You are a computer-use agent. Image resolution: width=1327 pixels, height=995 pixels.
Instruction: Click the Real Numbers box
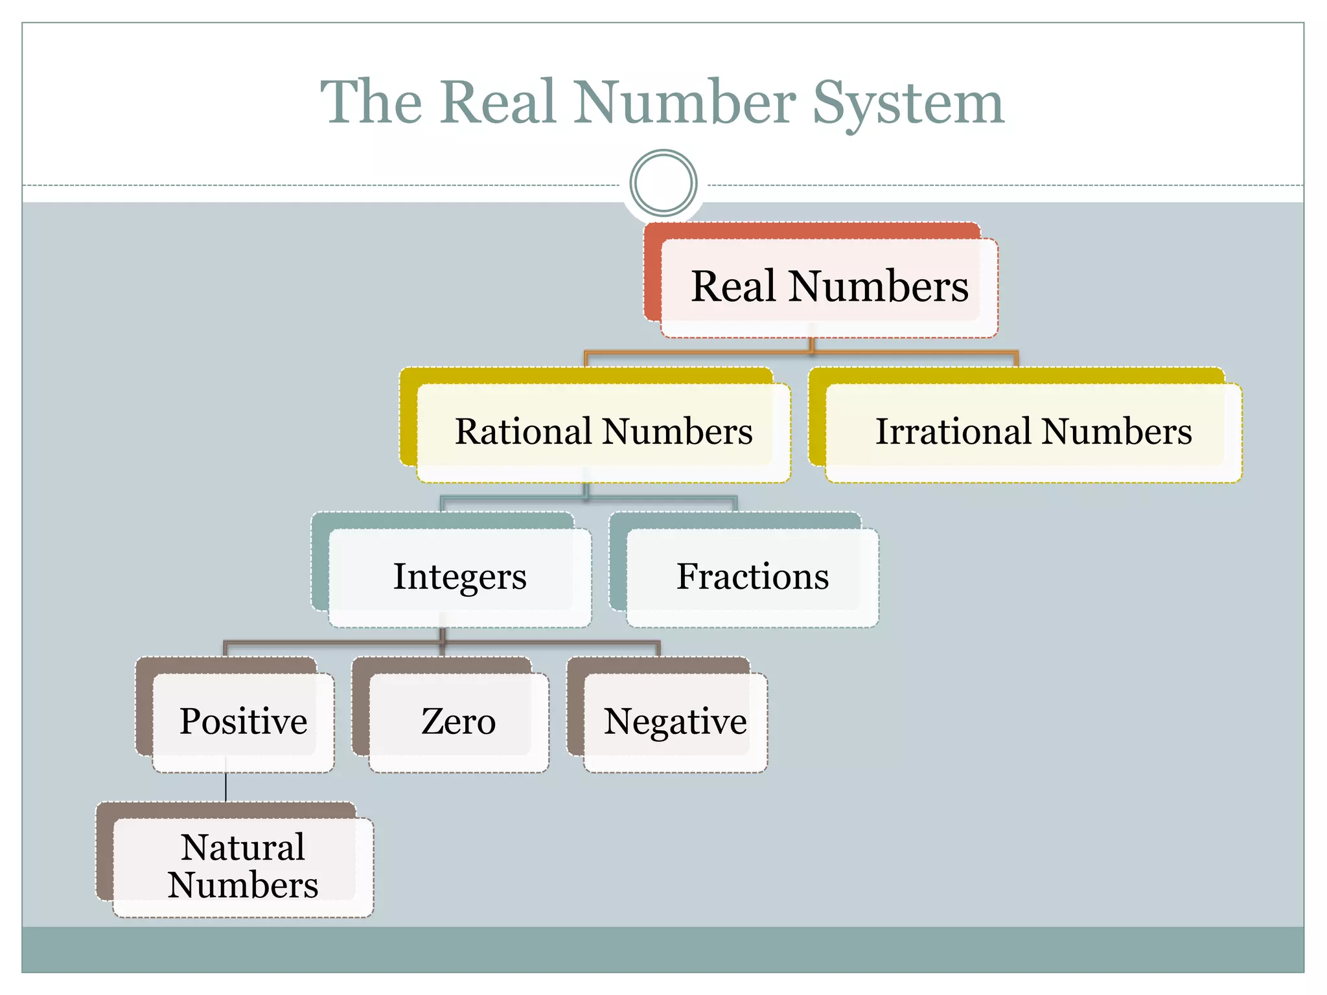click(x=829, y=287)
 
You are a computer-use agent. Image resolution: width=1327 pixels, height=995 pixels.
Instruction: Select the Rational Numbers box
click(x=603, y=432)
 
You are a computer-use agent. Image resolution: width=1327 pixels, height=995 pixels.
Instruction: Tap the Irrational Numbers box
click(x=1033, y=432)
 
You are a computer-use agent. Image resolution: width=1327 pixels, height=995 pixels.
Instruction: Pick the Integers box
click(x=459, y=577)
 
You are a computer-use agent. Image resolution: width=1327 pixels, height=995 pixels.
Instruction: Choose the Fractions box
click(x=752, y=577)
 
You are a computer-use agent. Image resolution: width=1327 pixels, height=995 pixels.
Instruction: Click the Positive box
click(x=243, y=722)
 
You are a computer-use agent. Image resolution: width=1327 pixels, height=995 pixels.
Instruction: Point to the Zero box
click(x=458, y=722)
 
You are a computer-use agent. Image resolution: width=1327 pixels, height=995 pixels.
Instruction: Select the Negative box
click(x=675, y=722)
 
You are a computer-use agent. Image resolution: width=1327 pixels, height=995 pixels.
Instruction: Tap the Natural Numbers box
click(x=242, y=867)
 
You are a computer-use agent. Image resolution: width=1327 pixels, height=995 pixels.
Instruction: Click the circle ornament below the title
click(x=663, y=183)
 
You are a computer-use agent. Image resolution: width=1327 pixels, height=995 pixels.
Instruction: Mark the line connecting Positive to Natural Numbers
click(x=225, y=787)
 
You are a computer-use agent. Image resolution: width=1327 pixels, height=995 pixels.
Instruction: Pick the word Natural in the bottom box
click(x=242, y=847)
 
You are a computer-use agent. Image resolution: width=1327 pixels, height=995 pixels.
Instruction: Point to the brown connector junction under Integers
click(x=443, y=642)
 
